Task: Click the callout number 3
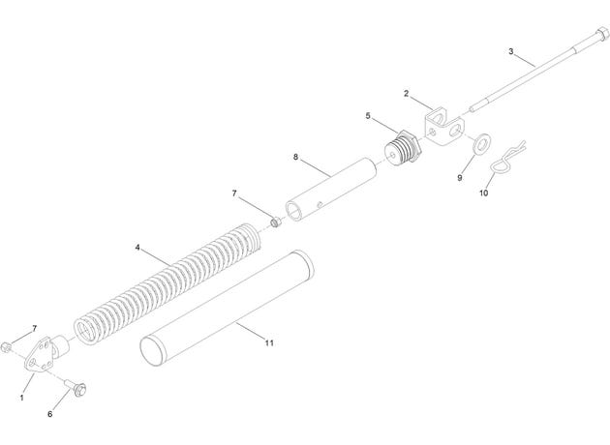[511, 51]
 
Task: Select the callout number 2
[406, 94]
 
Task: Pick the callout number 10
[483, 193]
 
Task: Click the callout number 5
[368, 116]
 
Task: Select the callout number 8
[295, 157]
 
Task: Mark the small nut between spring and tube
[276, 222]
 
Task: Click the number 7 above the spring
[234, 193]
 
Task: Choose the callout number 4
[137, 248]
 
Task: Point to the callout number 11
[269, 342]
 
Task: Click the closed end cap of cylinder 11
[153, 352]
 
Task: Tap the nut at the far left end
[6, 346]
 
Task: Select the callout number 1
[21, 398]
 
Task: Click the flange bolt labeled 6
[76, 387]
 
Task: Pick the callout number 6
[49, 414]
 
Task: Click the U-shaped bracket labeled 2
[443, 128]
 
